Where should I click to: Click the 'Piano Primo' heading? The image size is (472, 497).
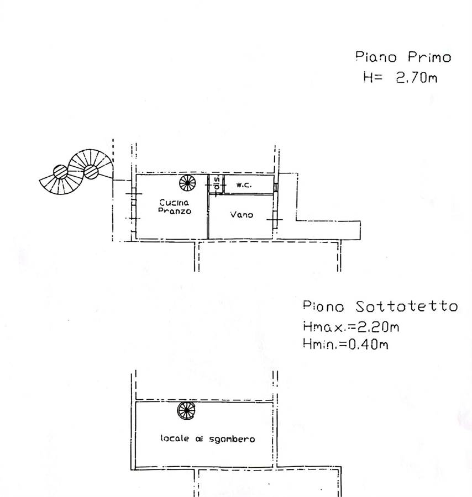(x=403, y=57)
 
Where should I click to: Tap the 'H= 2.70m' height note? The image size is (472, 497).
(x=400, y=78)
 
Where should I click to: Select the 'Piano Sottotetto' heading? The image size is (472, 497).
(x=380, y=306)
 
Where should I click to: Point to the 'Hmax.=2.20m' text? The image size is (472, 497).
(x=351, y=326)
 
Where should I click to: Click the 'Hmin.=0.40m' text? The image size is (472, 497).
(x=345, y=345)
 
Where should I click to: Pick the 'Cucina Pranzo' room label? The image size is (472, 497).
(x=174, y=207)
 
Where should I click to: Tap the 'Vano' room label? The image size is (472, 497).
(x=242, y=215)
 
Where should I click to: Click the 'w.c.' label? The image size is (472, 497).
(x=244, y=185)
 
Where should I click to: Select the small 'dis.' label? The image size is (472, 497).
(x=217, y=184)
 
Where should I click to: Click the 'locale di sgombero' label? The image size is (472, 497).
(x=208, y=439)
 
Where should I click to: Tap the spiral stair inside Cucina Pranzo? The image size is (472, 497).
(x=187, y=182)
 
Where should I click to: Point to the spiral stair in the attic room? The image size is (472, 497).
(x=186, y=410)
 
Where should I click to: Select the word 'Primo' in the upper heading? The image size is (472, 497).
(x=429, y=57)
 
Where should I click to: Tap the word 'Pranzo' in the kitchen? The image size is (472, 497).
(x=174, y=212)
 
